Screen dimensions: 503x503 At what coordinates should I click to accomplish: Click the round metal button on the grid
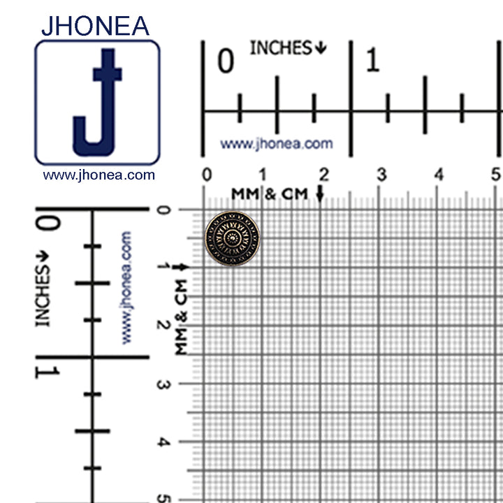(232, 238)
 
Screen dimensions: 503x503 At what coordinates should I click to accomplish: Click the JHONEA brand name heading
(95, 25)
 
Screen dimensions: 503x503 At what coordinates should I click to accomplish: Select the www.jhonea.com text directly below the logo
(99, 175)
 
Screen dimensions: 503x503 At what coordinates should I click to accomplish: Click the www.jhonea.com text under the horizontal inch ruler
(277, 144)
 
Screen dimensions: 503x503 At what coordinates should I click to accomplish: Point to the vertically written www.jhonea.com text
(127, 287)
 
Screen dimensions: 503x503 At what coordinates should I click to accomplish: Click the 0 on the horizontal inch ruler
(225, 61)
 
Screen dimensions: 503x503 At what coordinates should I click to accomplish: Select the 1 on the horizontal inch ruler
(372, 61)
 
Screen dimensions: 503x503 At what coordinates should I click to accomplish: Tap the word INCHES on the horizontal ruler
(281, 48)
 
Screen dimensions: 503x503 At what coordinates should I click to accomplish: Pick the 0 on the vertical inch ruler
(48, 224)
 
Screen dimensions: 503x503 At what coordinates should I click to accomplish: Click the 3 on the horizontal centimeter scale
(381, 174)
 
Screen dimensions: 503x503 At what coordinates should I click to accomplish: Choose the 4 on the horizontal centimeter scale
(439, 174)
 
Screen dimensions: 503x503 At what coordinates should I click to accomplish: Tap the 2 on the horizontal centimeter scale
(323, 174)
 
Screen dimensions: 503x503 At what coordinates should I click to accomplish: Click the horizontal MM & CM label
(270, 194)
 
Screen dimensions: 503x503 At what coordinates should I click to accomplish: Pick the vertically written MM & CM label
(182, 316)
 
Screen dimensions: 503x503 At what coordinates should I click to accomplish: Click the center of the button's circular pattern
(232, 238)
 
